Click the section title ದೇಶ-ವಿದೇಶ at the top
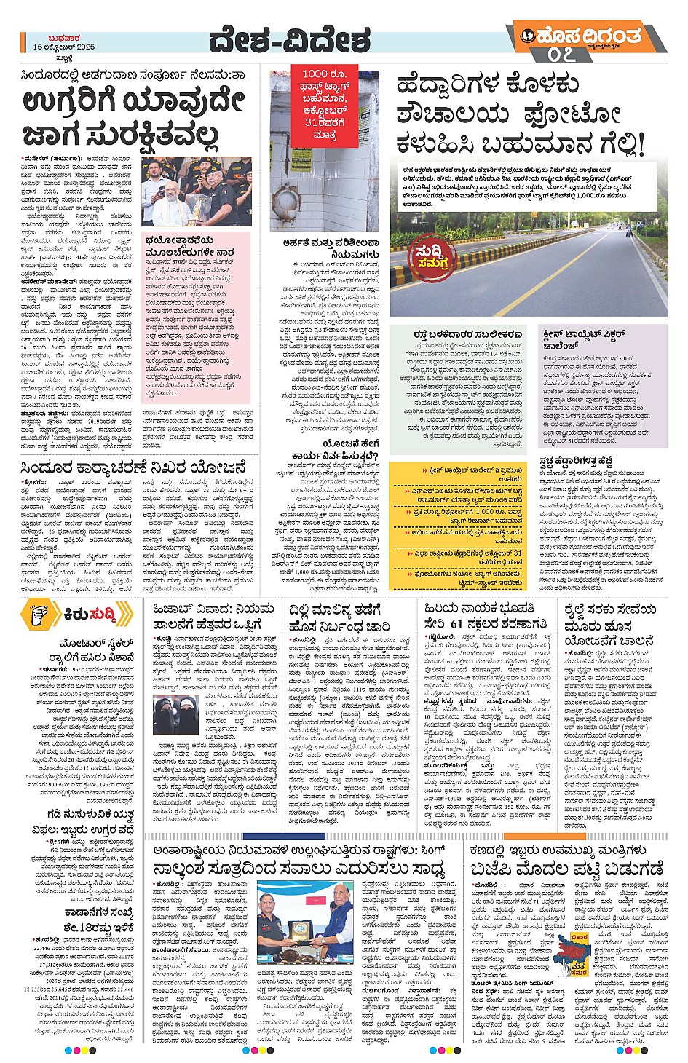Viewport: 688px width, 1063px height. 289,42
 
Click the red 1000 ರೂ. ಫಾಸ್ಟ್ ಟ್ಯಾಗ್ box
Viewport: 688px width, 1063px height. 325,105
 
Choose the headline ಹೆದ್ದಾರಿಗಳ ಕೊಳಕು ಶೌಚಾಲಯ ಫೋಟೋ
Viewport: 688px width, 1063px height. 521,115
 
